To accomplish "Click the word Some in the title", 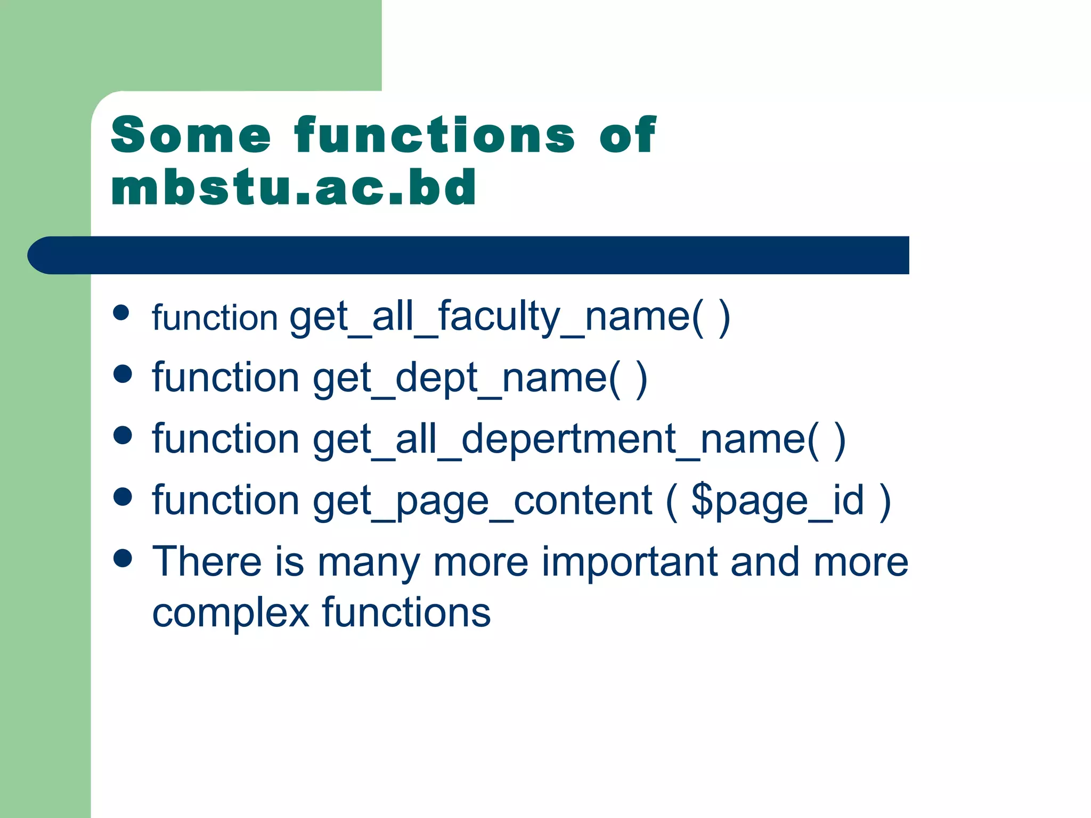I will [x=191, y=135].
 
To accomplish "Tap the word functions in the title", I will [x=434, y=135].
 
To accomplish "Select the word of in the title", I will [x=628, y=135].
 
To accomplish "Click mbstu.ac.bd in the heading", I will [x=293, y=187].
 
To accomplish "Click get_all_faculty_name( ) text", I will [x=509, y=318].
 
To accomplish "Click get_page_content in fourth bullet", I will [x=482, y=502].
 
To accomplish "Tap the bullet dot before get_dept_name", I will [x=123, y=374].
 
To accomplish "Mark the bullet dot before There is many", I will [x=123, y=558].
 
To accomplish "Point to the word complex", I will [x=230, y=613].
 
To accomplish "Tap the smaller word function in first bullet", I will [x=215, y=318].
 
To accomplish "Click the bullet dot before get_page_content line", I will [x=123, y=496].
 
